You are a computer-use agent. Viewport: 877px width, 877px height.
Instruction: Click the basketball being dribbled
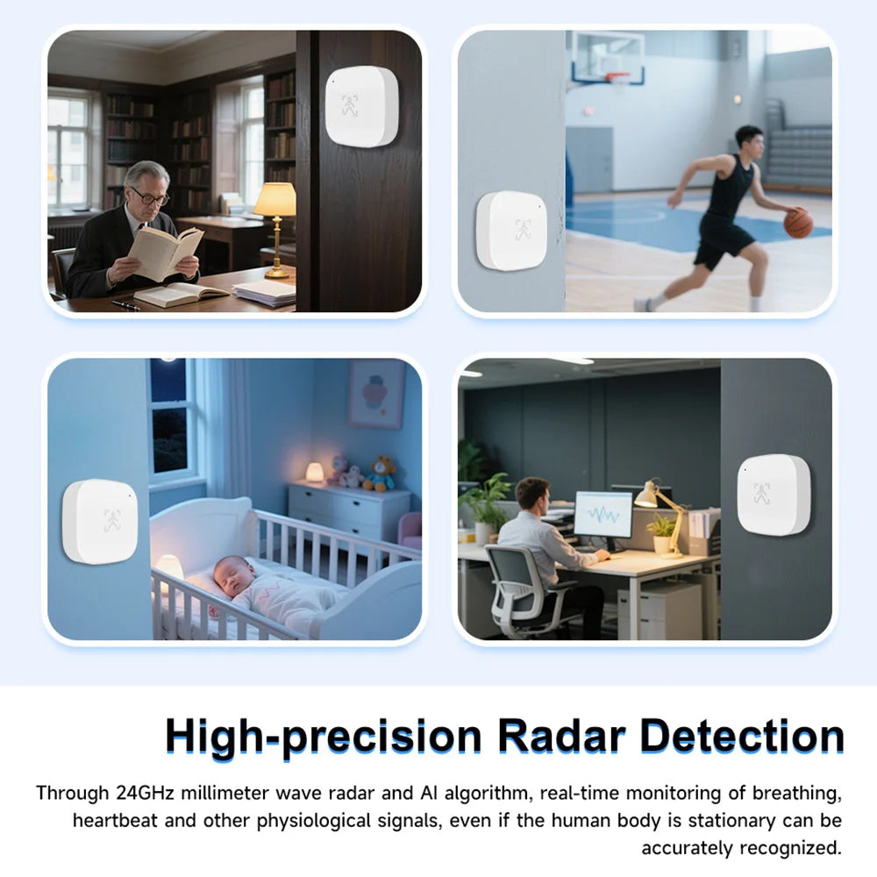click(798, 223)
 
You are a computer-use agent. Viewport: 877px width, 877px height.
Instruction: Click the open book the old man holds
click(165, 253)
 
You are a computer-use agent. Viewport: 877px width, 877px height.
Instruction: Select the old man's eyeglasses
click(149, 196)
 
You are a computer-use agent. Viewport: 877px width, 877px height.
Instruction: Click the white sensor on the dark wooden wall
click(362, 106)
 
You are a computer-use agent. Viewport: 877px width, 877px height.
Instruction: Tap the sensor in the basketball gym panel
click(510, 231)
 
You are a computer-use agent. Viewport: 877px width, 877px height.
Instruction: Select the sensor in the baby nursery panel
click(100, 521)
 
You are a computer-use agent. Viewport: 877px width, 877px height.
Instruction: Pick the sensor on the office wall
click(774, 495)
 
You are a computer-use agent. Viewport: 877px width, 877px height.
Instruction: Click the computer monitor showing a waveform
click(603, 515)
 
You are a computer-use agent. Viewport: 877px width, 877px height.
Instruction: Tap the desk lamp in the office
click(663, 516)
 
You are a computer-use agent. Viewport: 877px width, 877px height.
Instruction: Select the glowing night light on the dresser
click(314, 473)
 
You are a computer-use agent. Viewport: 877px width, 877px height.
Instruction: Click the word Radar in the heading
click(561, 736)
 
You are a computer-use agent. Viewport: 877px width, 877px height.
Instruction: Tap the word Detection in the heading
click(742, 736)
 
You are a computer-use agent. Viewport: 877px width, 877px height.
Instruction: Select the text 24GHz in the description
click(146, 793)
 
